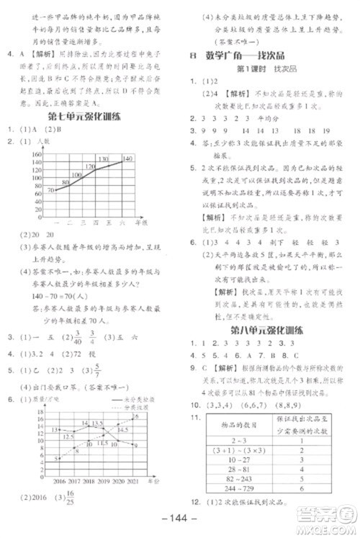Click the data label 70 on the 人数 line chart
(50, 190)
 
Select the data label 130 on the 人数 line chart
(103, 159)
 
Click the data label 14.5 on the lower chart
(125, 431)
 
